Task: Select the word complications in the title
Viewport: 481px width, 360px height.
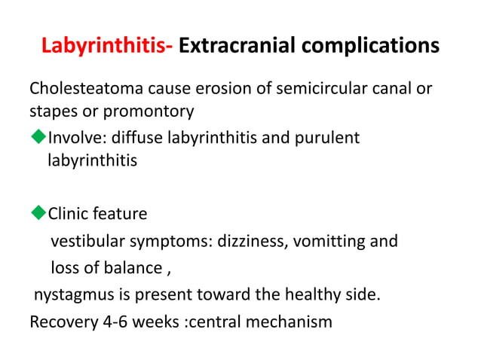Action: pyautogui.click(x=370, y=47)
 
